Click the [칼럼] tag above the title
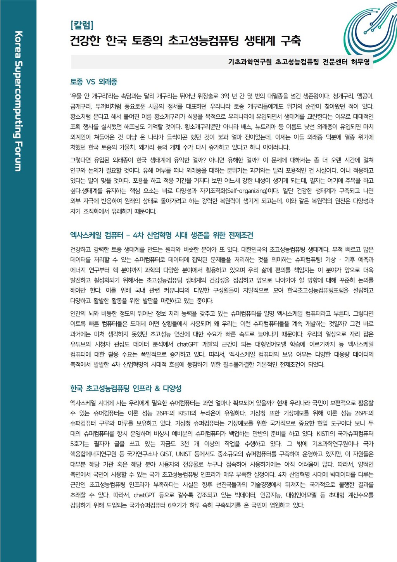click(x=81, y=26)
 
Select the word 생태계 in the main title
click(x=259, y=40)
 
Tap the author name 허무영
click(x=360, y=62)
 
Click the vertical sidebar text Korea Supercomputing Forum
click(x=18, y=101)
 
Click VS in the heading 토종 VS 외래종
click(x=91, y=82)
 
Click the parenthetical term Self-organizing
click(x=246, y=191)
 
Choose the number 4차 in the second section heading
click(x=138, y=235)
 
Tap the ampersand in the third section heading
click(x=157, y=389)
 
